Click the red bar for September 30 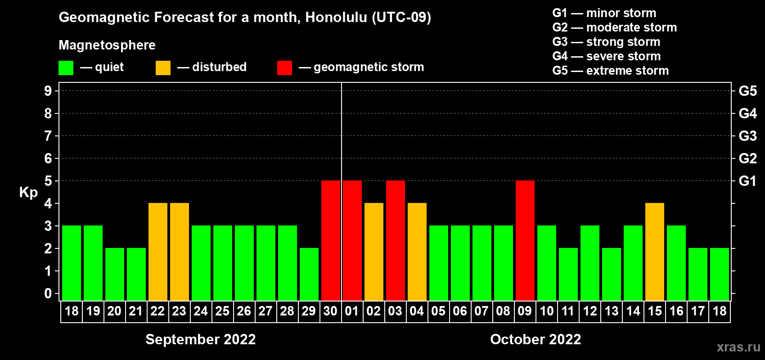(x=331, y=240)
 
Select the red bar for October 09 (x=525, y=240)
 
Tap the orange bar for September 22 (x=158, y=252)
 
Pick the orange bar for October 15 (x=655, y=252)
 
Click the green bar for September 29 (x=309, y=274)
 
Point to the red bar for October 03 (x=396, y=240)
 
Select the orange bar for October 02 (x=374, y=252)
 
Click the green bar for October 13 (x=611, y=274)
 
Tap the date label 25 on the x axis (x=222, y=311)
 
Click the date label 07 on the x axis (x=481, y=311)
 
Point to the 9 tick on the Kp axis (x=48, y=91)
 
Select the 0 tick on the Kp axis (x=48, y=293)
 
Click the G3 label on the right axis (x=747, y=136)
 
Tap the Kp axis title (x=28, y=193)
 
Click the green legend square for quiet (x=66, y=67)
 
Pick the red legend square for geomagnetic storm (x=285, y=67)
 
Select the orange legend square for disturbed (x=163, y=67)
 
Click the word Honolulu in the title (x=336, y=18)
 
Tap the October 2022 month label (x=535, y=339)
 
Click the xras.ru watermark (x=738, y=347)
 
